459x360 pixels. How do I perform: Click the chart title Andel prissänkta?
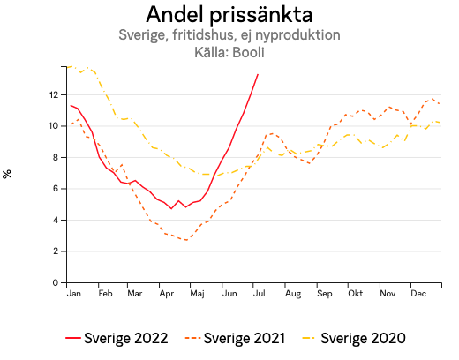click(x=229, y=15)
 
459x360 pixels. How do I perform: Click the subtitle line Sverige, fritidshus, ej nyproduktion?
click(x=229, y=35)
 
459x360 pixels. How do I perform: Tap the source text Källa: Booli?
click(x=229, y=52)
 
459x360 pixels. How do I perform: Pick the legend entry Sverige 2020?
click(x=362, y=338)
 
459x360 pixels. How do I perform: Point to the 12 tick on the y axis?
click(x=54, y=94)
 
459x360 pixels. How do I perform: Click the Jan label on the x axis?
click(x=73, y=293)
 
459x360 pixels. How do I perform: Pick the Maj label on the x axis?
click(x=198, y=293)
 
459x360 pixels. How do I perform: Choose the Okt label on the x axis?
click(x=356, y=293)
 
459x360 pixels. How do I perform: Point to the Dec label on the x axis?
click(x=418, y=293)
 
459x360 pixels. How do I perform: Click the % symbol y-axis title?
click(x=8, y=174)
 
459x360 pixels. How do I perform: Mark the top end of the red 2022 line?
click(x=258, y=74)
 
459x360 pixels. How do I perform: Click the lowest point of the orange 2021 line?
click(x=186, y=240)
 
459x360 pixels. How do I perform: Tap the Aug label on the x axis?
click(x=294, y=293)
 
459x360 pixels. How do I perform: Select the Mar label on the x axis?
click(x=135, y=293)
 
